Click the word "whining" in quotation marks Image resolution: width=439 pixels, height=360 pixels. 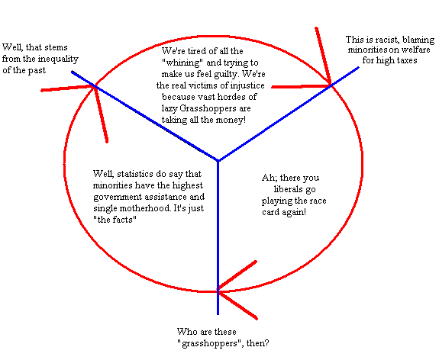[x=182, y=63]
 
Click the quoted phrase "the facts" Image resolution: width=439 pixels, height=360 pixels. [x=115, y=220]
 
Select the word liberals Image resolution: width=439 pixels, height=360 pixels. [x=289, y=189]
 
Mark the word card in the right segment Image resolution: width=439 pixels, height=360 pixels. [x=270, y=212]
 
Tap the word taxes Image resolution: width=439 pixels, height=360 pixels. [x=405, y=60]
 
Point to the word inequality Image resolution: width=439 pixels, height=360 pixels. [x=58, y=59]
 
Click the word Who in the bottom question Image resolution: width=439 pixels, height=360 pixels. [x=186, y=332]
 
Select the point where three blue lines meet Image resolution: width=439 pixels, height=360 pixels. [x=218, y=161]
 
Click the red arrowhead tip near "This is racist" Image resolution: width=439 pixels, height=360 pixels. [x=331, y=85]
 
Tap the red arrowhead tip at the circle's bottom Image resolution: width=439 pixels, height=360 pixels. [x=218, y=291]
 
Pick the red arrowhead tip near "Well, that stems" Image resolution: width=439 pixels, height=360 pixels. [x=95, y=86]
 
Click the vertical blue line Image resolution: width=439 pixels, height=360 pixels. [x=218, y=238]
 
